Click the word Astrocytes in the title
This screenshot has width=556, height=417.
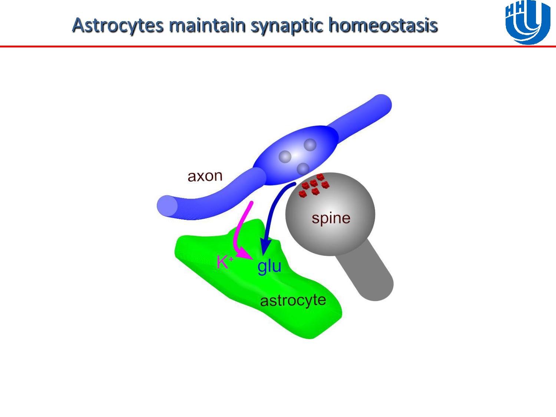coord(118,26)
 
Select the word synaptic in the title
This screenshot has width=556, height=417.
coord(287,26)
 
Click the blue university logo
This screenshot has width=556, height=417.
coord(527,22)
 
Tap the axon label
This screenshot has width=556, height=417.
coord(205,176)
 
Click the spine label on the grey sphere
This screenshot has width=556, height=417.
coord(331,218)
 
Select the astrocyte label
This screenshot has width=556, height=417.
coord(293,301)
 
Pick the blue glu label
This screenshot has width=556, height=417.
coord(269,267)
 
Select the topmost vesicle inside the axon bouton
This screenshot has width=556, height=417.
coord(310,145)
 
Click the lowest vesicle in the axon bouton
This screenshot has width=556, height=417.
coord(303,169)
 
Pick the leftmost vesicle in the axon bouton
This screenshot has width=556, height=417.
coord(285,157)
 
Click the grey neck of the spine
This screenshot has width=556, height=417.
coord(365,271)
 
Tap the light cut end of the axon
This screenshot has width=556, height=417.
coord(168,205)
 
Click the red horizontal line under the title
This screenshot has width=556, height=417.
coord(278,46)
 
